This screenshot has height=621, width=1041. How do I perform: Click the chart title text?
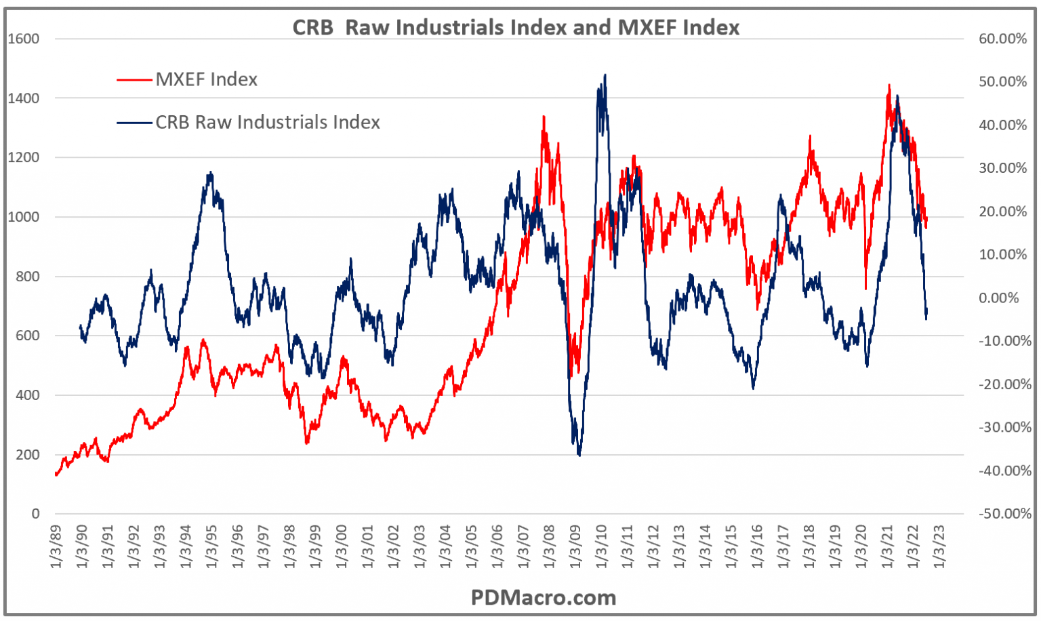tap(516, 27)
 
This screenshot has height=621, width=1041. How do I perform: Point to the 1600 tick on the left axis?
tap(24, 39)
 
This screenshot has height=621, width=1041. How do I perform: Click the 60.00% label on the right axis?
tap(1002, 39)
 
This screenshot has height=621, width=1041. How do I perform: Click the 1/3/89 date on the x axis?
tap(56, 546)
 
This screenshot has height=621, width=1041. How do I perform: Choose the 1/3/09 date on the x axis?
tap(575, 546)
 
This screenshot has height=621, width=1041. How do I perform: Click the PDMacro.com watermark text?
tap(543, 597)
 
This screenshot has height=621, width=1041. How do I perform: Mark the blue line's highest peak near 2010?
tap(605, 75)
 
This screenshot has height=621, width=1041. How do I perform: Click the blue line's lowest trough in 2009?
tap(579, 455)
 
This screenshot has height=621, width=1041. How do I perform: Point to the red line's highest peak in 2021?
tap(889, 85)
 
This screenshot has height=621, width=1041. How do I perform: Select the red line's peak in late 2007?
tap(544, 117)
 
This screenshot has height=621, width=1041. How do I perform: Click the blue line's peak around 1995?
tap(211, 172)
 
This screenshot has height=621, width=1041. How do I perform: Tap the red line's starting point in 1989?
tap(56, 474)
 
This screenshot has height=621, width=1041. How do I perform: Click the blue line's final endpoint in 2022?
tap(926, 313)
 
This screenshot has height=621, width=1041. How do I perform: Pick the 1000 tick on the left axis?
tap(24, 217)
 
